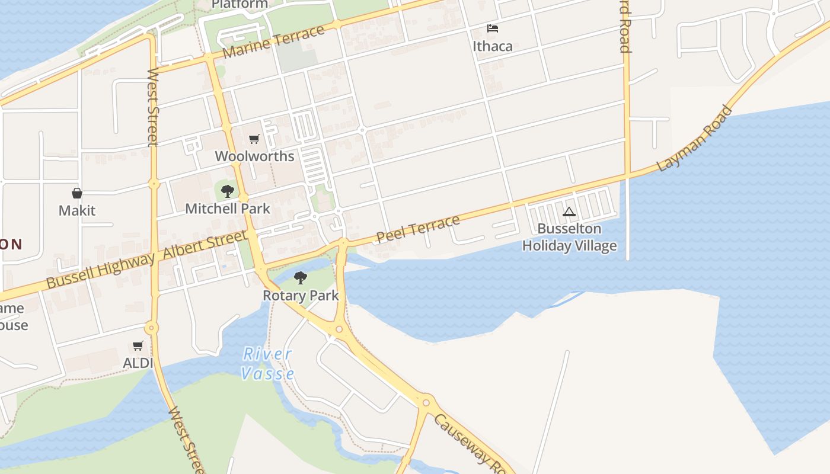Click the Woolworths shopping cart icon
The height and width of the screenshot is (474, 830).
coord(254,139)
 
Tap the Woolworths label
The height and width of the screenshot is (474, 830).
coord(254,156)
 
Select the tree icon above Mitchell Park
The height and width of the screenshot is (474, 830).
coord(227,191)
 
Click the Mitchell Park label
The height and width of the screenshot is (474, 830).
coord(228,209)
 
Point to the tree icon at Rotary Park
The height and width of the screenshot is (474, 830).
coord(301,277)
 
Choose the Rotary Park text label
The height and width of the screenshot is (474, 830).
coord(301,295)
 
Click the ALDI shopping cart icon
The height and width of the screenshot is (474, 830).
coord(138,345)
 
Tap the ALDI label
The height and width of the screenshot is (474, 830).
coord(138,363)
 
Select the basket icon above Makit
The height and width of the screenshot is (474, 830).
coord(77,193)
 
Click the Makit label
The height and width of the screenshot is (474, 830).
coord(77,210)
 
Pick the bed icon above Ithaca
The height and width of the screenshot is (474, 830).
coord(493,28)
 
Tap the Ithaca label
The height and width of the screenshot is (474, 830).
coord(493,46)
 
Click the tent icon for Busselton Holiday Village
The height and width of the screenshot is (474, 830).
coord(569,212)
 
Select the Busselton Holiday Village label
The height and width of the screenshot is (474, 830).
coord(569,237)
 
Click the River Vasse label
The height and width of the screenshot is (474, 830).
coord(268,364)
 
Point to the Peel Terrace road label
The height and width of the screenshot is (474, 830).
coord(418,229)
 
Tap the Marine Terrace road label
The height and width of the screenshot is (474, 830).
coord(274,42)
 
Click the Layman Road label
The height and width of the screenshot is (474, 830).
coord(695,138)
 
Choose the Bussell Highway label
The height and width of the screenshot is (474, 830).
coord(101,271)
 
